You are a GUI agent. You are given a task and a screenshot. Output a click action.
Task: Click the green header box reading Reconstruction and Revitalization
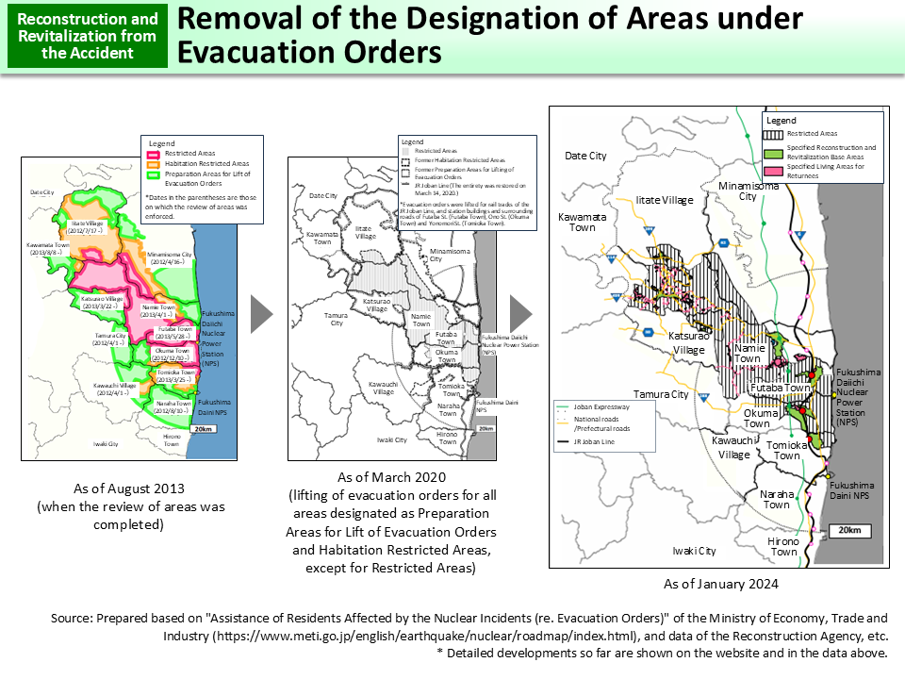coord(88,36)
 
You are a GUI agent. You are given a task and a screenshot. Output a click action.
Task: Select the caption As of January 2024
coord(721,585)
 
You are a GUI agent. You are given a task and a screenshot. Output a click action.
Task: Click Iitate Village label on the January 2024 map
coord(664,200)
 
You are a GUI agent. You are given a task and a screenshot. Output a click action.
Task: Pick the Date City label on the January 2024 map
coord(585,156)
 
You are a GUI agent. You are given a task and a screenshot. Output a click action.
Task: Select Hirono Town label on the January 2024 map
coord(782,546)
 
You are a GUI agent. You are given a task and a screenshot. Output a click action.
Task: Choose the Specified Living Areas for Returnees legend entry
coord(820,171)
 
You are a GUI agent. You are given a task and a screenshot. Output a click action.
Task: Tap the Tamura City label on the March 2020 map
coord(337,318)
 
